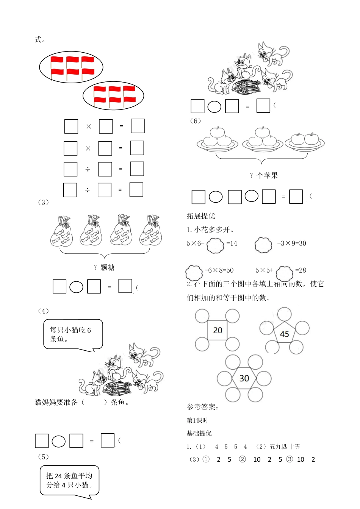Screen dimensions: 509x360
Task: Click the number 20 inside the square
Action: click(218, 330)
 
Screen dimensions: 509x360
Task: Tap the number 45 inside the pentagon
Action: click(284, 334)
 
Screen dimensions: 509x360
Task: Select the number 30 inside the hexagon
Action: click(244, 378)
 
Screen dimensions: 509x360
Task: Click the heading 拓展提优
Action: click(201, 216)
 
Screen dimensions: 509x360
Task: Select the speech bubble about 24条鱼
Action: click(69, 480)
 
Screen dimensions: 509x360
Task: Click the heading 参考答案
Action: click(202, 407)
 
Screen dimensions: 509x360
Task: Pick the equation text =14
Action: click(232, 244)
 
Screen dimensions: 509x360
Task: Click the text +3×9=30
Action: click(291, 244)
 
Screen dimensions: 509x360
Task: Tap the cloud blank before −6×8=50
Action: click(194, 272)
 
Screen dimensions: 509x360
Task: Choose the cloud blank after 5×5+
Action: click(285, 273)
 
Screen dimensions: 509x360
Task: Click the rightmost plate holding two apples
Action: click(305, 142)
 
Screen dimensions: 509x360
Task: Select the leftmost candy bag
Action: click(61, 232)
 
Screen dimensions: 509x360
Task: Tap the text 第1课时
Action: click(197, 420)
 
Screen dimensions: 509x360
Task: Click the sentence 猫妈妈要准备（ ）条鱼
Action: click(82, 402)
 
